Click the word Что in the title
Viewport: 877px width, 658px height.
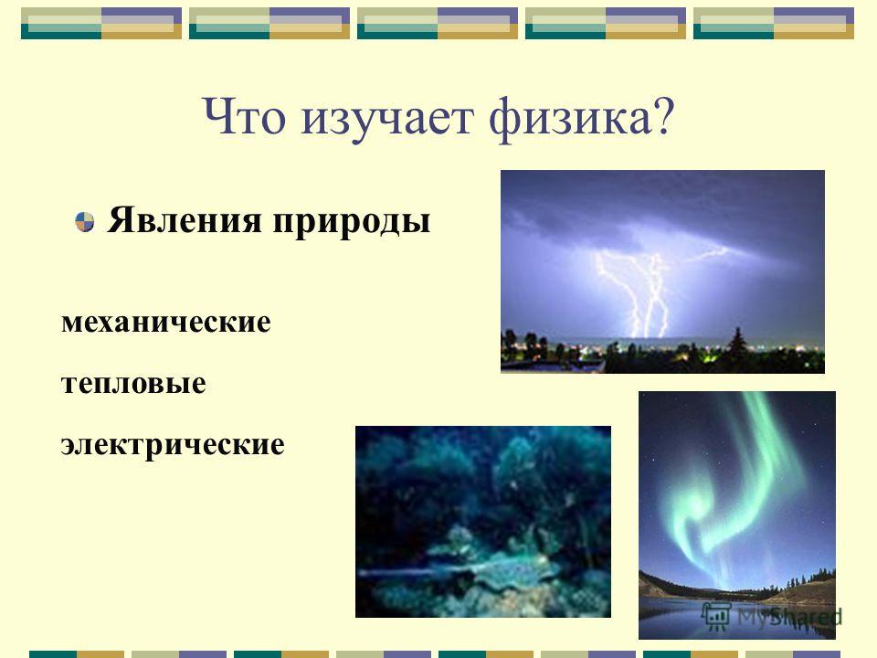click(x=244, y=117)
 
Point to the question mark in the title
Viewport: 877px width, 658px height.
click(x=663, y=116)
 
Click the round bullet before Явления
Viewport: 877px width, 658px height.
click(x=84, y=221)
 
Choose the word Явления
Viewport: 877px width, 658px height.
click(x=184, y=220)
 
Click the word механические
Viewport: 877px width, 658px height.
click(x=166, y=323)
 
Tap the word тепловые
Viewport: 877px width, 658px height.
click(x=133, y=384)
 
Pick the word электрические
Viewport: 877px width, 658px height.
click(x=173, y=445)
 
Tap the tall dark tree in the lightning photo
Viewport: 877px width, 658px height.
click(x=738, y=348)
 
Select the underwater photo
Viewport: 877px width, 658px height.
click(x=483, y=522)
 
